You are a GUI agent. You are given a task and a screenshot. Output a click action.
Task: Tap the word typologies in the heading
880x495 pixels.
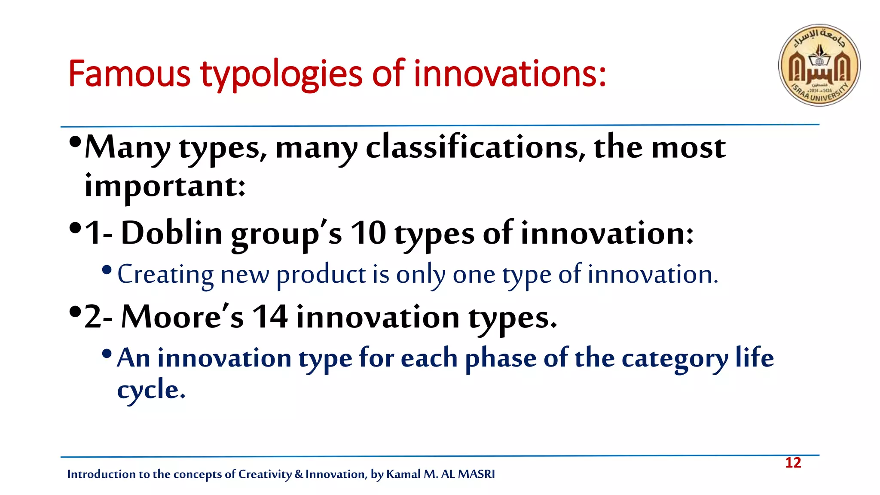point(281,75)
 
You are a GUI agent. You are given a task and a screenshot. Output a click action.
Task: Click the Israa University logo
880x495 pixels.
point(819,65)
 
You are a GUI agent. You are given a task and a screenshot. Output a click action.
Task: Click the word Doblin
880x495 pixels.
point(171,233)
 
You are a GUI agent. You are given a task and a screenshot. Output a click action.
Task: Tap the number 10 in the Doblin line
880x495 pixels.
point(368,233)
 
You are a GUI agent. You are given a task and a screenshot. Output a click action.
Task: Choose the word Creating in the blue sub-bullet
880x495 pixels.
point(165,275)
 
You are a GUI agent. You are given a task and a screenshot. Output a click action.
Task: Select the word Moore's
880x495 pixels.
point(182,317)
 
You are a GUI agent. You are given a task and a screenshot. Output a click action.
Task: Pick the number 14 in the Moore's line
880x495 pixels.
point(270,317)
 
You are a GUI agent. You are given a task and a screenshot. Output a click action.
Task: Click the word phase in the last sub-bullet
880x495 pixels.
point(501,359)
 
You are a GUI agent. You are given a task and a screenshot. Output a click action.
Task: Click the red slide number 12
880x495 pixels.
point(793,463)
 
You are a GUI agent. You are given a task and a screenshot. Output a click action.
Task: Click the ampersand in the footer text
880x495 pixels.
point(299,474)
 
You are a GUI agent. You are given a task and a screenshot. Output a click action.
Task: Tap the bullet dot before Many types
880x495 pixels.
point(75,142)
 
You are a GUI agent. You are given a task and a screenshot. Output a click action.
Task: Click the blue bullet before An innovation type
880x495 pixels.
point(107,354)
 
